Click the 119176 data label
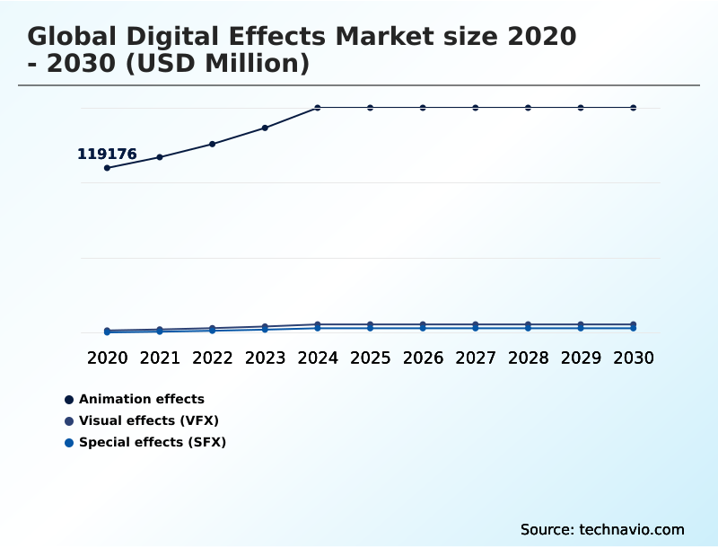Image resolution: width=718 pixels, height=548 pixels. coord(107,155)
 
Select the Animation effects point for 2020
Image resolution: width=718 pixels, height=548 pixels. coord(107,168)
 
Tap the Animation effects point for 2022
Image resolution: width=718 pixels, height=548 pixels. coord(213,144)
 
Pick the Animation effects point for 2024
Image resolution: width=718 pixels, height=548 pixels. coord(318,108)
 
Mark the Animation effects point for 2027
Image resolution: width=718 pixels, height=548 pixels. coord(476,108)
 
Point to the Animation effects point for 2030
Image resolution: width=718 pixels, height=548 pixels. coord(634,108)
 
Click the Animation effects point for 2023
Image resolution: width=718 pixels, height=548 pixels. coord(265,128)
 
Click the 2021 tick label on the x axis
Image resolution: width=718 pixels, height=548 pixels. coord(160,358)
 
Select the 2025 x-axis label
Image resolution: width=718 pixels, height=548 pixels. coord(370,358)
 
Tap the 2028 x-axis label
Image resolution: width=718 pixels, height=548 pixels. coord(528,358)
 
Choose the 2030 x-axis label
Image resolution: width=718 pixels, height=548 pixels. coord(634,358)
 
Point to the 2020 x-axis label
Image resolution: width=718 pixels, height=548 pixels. coord(107,358)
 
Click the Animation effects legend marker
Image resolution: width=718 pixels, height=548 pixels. coord(69,400)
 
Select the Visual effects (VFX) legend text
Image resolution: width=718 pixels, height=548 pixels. coord(149,420)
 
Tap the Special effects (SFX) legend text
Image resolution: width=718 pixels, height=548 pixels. coord(153,442)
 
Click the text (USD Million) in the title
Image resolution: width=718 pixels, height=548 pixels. coord(210,65)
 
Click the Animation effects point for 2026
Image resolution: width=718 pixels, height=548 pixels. coord(423,108)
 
